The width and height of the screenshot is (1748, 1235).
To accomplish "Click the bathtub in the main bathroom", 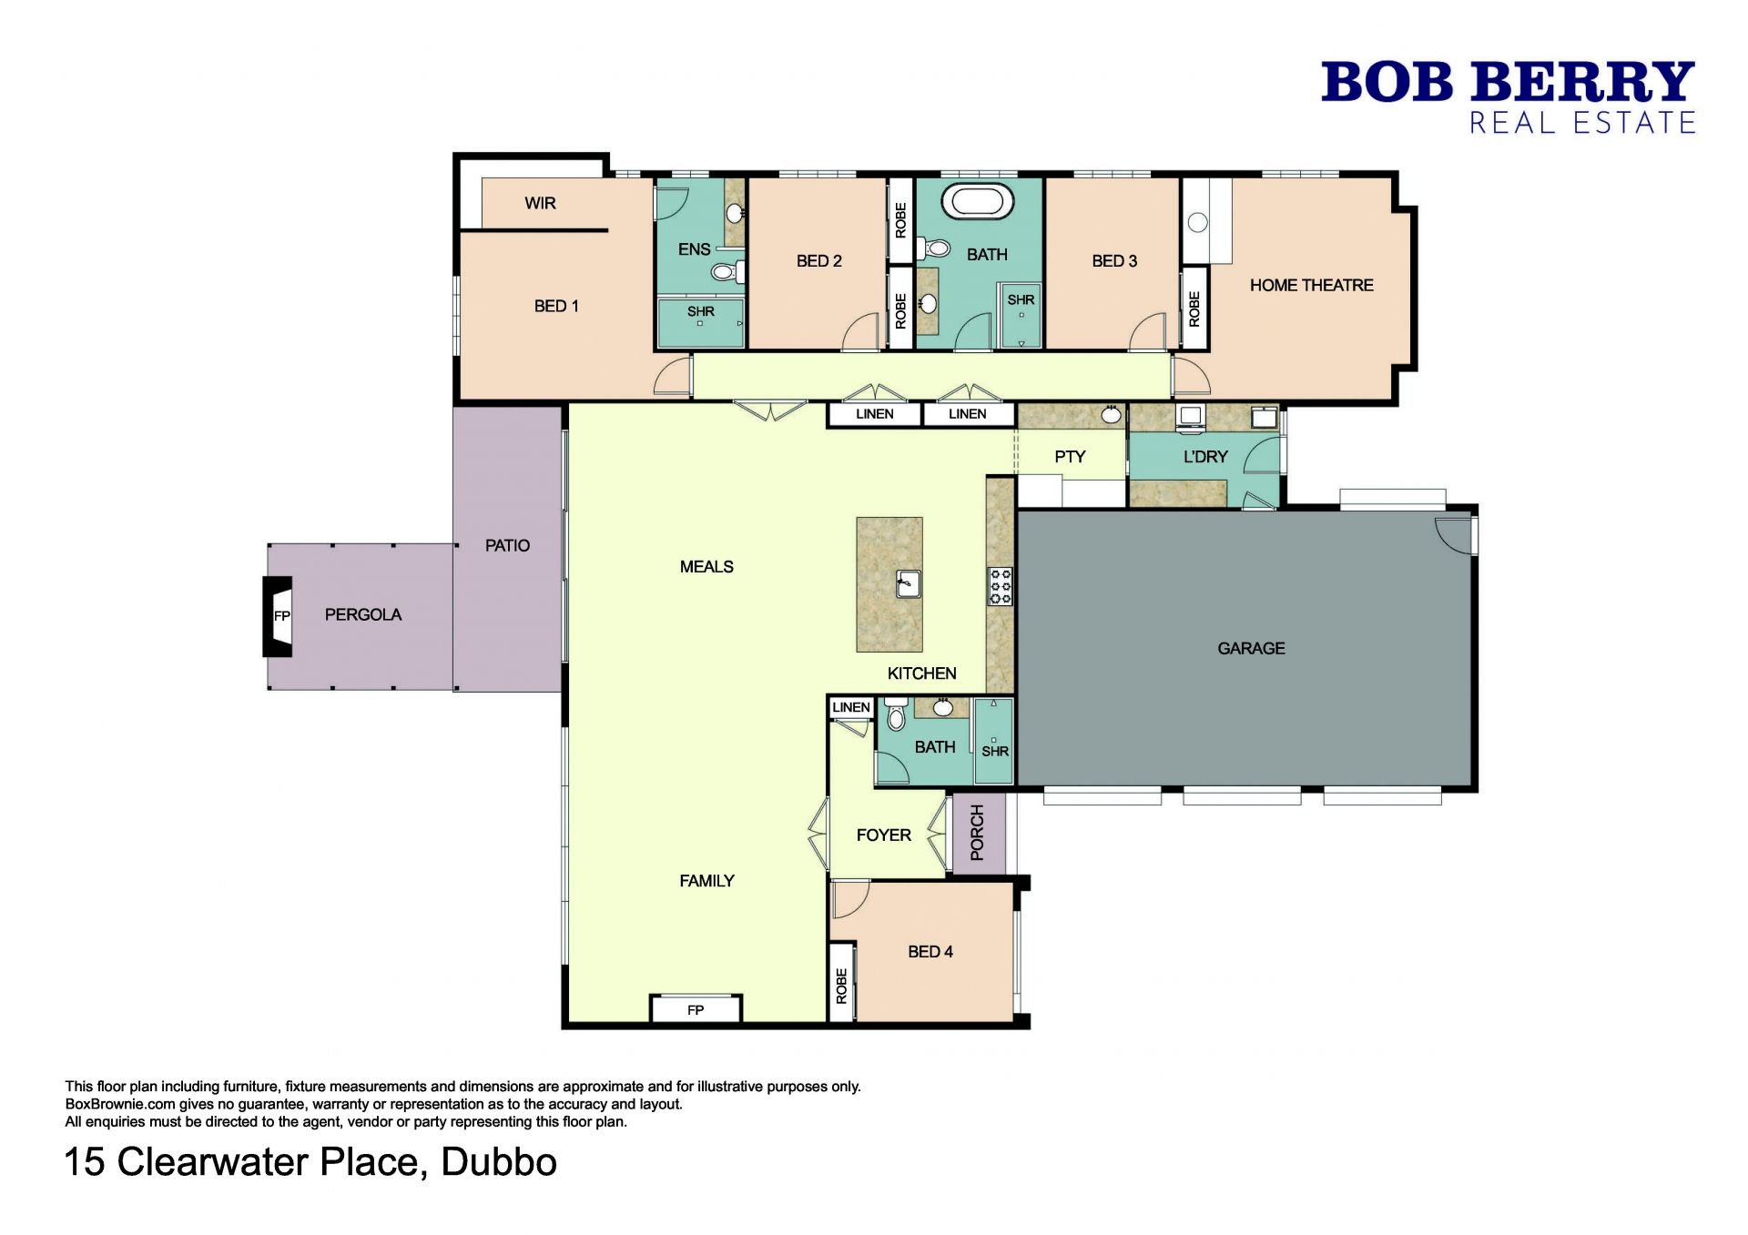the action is tap(977, 202).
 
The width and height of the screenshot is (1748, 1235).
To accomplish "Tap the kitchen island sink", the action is tap(908, 583).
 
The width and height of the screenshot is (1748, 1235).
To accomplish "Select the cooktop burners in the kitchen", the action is tap(1001, 586).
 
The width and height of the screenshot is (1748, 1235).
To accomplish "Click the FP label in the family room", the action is tap(696, 1010).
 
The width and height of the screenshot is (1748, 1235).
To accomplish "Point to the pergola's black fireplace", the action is tap(278, 616).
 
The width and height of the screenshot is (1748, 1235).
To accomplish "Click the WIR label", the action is tap(540, 203).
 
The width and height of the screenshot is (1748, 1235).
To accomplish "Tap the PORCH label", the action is tap(978, 833).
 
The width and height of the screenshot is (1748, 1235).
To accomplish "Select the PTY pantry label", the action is tap(1070, 457).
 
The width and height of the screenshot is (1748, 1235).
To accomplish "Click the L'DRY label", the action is tap(1205, 457).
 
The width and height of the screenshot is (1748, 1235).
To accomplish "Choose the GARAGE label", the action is tap(1251, 649).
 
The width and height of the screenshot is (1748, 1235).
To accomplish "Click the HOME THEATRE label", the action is tap(1311, 286).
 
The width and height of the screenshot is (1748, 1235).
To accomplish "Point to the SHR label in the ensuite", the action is tap(701, 311).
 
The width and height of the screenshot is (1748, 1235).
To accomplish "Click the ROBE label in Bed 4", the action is tap(841, 987).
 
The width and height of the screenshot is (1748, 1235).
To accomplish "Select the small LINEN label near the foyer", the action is tap(851, 707).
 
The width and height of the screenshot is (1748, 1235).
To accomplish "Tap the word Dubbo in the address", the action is tap(499, 1162).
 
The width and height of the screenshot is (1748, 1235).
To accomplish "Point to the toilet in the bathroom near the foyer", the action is tap(896, 714).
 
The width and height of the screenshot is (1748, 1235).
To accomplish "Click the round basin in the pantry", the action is tap(1111, 415).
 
